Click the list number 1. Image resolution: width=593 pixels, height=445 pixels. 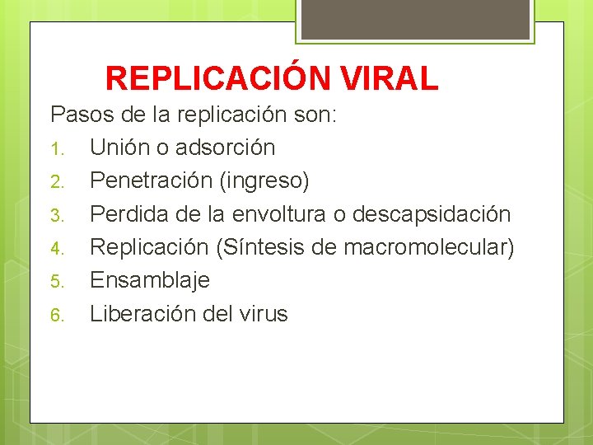(x=57, y=149)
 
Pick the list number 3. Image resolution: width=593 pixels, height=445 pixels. (x=57, y=215)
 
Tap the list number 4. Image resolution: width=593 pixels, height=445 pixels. (x=57, y=248)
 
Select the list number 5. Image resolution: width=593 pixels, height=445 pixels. (x=57, y=281)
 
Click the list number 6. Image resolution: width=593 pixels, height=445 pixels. (x=57, y=314)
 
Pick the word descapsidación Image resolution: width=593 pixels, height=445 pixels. (x=431, y=214)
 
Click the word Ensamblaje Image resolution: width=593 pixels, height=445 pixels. (x=150, y=280)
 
